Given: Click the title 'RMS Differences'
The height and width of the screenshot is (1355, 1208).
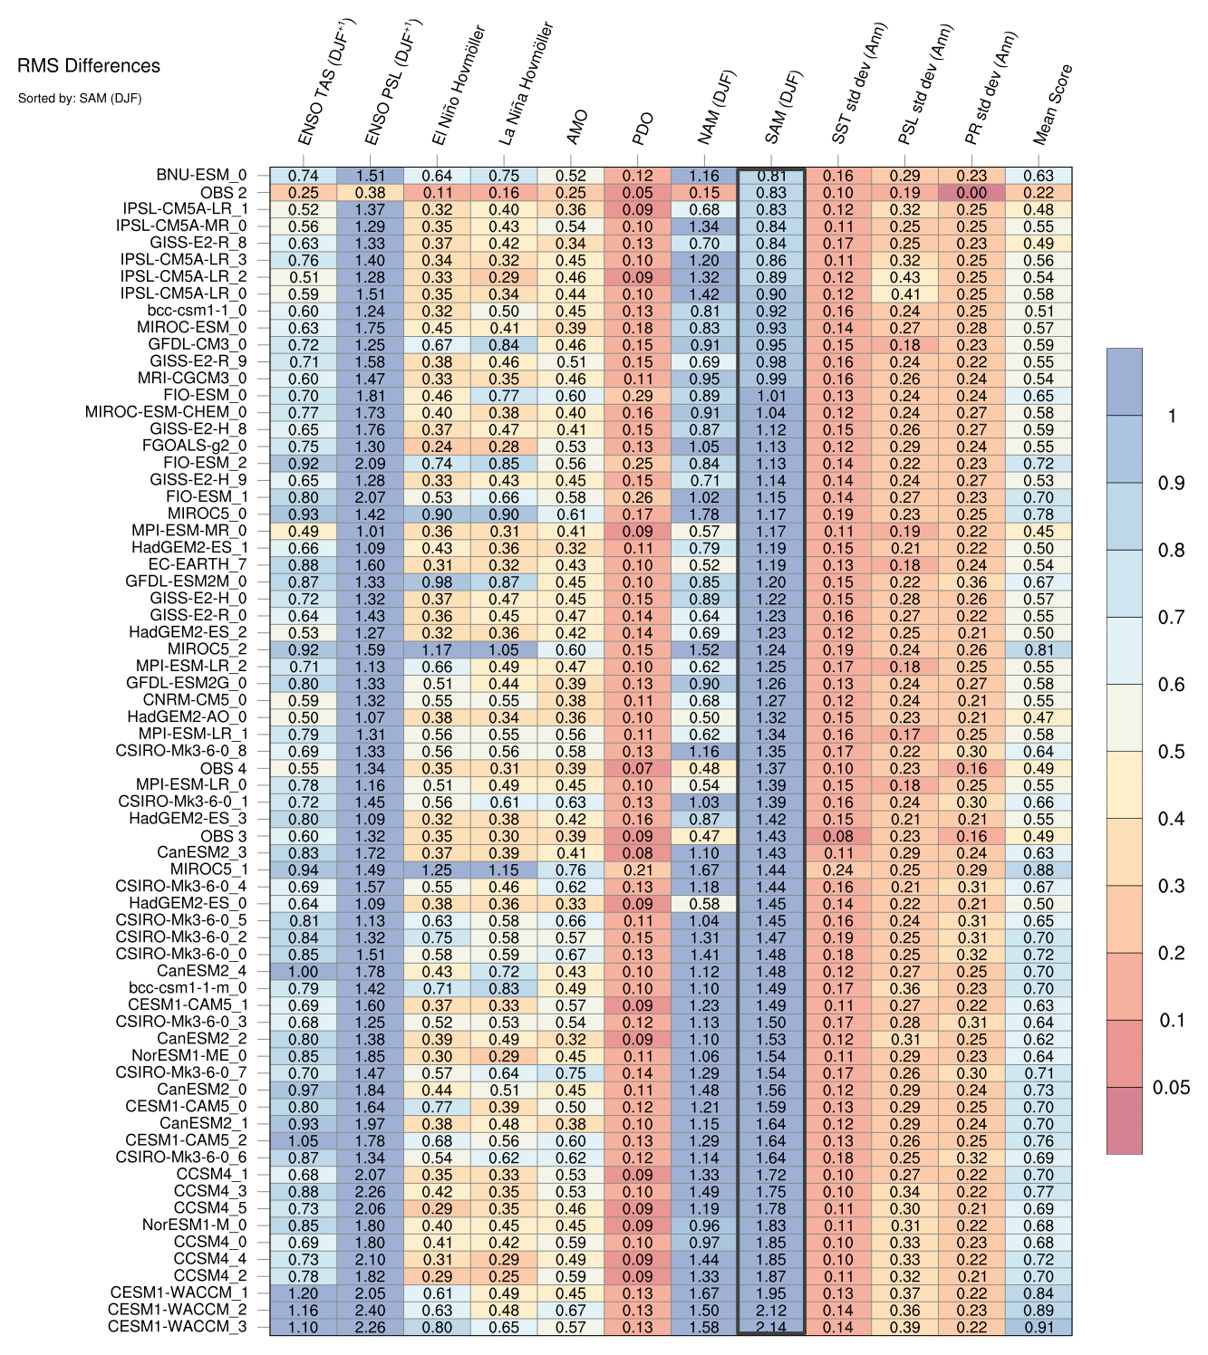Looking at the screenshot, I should (89, 66).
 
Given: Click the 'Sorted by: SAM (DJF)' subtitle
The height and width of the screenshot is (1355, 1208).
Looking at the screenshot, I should (80, 98).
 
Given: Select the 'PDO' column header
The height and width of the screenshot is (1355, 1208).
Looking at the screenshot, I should (643, 129).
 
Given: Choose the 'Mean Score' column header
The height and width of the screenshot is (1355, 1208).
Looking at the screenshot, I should (1053, 105).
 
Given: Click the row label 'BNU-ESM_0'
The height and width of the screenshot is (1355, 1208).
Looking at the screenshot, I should (200, 176).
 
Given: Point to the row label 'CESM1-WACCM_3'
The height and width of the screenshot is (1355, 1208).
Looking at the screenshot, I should (177, 1327).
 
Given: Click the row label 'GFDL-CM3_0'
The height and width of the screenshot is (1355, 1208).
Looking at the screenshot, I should (198, 345).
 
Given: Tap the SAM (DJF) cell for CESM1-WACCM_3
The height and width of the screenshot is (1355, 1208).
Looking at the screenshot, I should (771, 1327).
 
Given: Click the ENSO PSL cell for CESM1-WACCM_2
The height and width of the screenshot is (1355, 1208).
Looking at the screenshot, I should (370, 1310).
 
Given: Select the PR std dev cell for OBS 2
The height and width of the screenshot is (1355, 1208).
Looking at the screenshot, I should (971, 193).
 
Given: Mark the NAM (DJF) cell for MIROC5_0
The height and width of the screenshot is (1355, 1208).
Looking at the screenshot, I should (704, 514).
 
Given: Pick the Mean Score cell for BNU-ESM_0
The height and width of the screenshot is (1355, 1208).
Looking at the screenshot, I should (1039, 176).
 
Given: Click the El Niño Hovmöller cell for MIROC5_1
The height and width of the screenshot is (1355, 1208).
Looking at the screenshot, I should (437, 870).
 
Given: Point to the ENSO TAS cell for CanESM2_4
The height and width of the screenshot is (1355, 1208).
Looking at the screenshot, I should (303, 971).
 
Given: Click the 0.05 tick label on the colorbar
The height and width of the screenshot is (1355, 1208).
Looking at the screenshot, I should (1171, 1088).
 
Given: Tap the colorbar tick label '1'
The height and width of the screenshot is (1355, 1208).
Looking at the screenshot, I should (1172, 416).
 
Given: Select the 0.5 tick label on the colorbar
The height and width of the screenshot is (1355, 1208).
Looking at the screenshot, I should (1171, 752).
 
